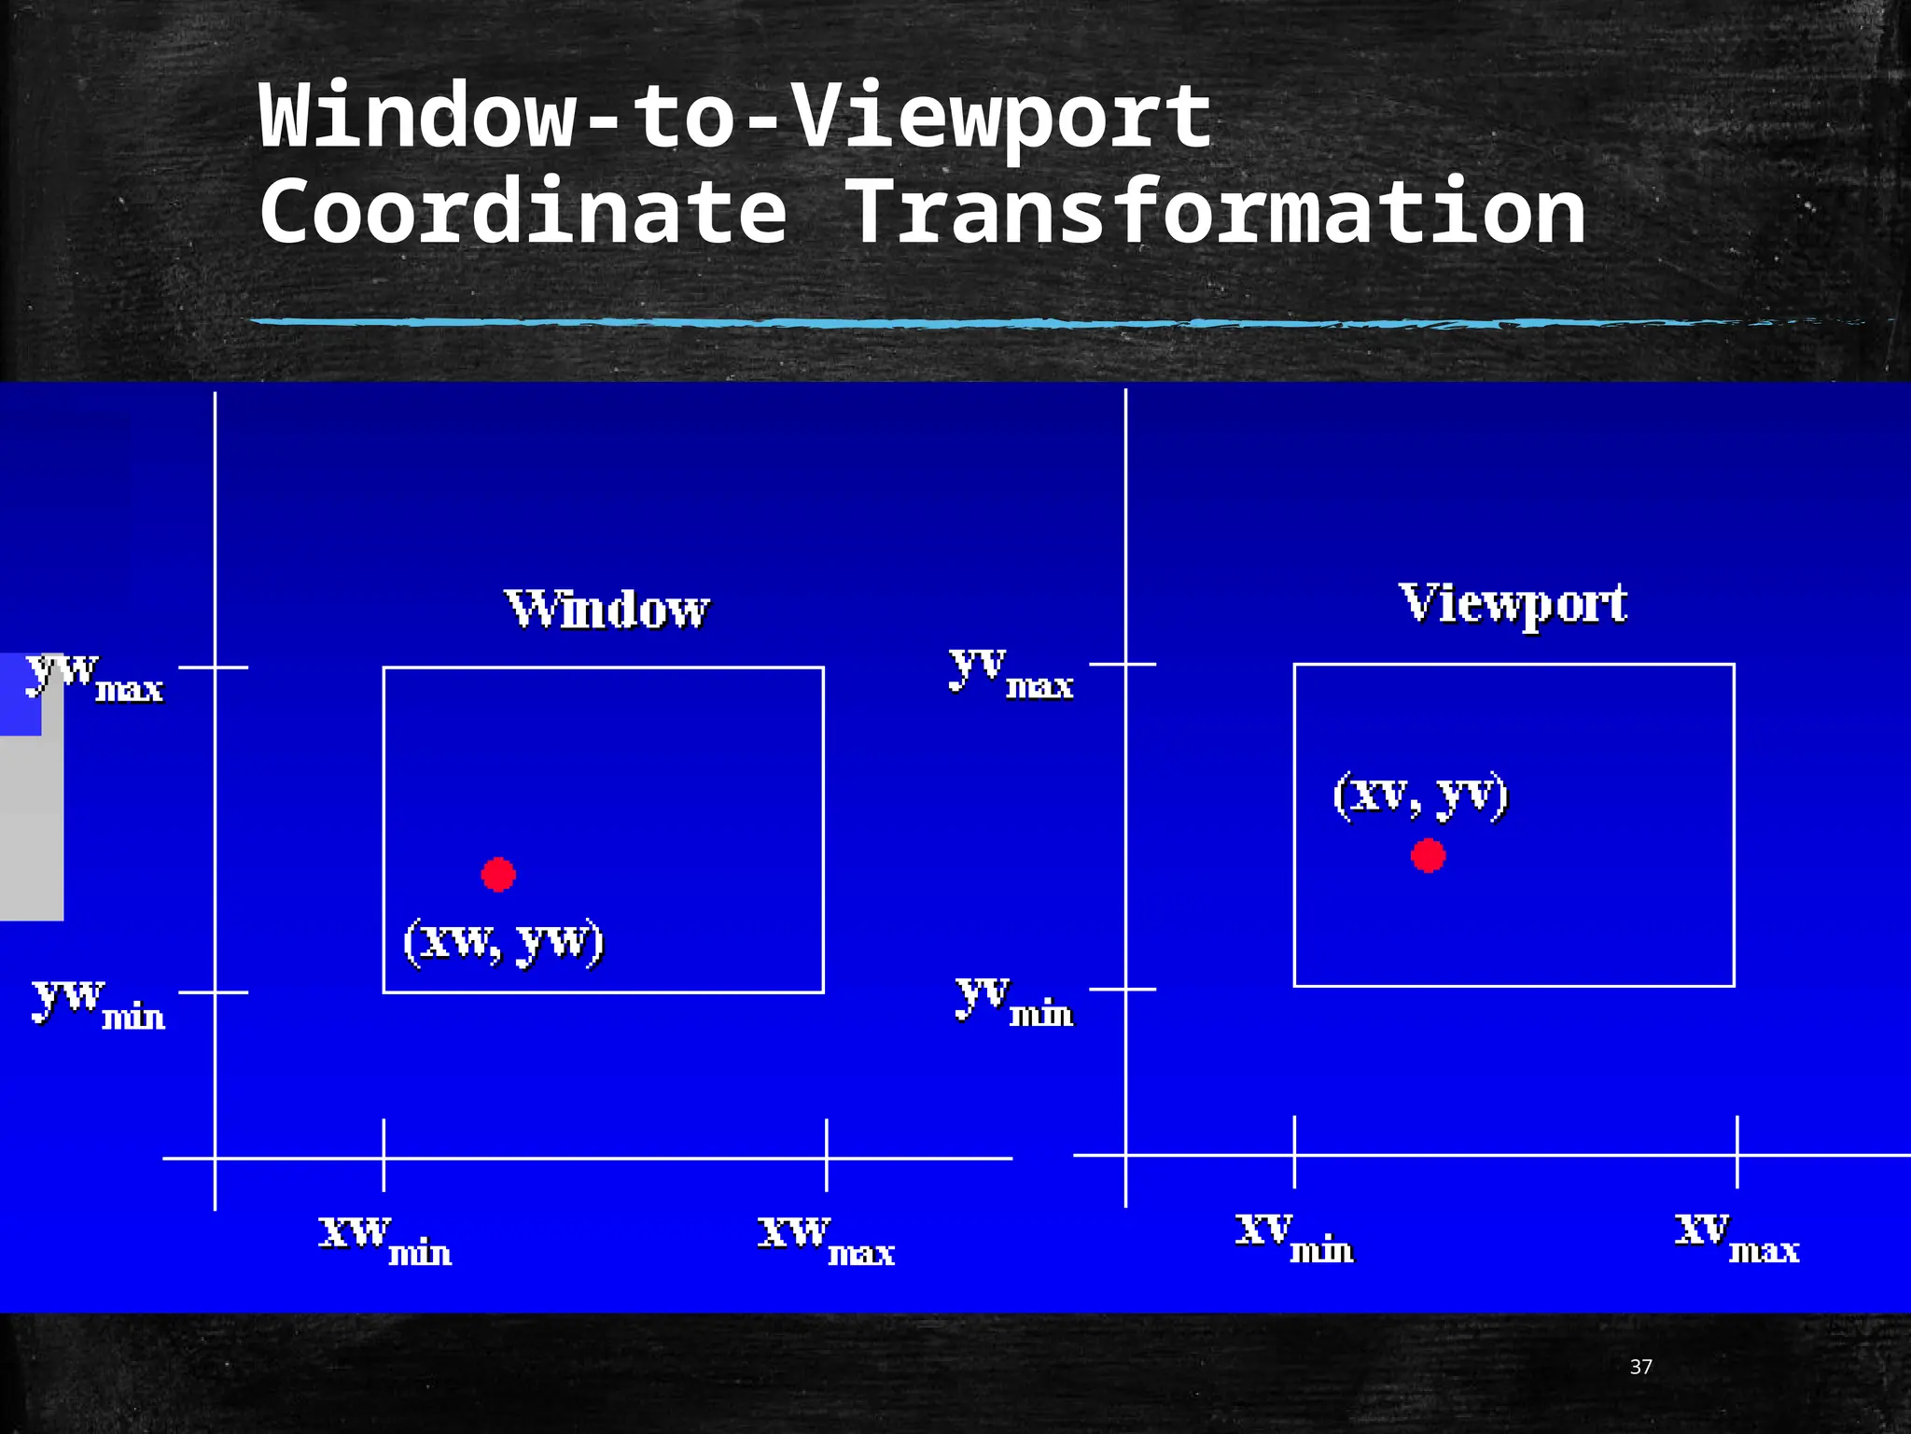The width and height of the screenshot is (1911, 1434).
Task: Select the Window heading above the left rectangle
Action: pos(607,610)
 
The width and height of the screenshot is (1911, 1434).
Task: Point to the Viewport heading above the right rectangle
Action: pos(1513,604)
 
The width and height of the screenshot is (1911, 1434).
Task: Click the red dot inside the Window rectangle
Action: pos(498,874)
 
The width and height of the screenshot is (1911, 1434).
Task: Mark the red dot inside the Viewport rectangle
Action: pos(1428,855)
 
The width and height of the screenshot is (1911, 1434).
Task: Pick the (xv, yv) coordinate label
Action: pos(1420,795)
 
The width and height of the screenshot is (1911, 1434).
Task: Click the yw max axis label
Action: pos(95,677)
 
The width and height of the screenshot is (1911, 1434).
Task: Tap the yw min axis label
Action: pos(99,1004)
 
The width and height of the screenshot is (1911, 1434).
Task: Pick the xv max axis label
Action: pos(1737,1238)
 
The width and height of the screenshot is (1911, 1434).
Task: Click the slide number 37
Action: pos(1640,1368)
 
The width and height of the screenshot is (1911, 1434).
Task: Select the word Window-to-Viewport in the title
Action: pos(735,117)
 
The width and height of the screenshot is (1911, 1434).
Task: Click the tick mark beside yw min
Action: pos(214,992)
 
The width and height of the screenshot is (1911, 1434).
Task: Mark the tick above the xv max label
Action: pos(1737,1151)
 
